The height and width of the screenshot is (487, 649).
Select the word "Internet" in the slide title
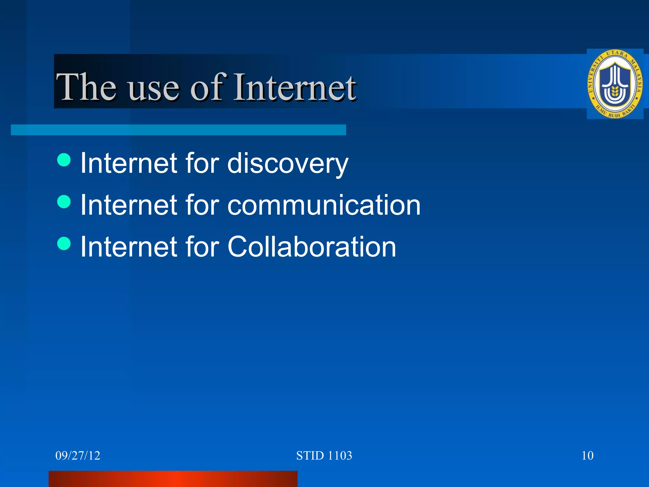pyautogui.click(x=295, y=87)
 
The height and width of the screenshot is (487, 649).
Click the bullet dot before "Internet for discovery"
pyautogui.click(x=64, y=160)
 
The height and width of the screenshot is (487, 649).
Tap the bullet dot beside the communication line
pyautogui.click(x=64, y=202)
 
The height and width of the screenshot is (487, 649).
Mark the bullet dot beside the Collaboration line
pyautogui.click(x=64, y=243)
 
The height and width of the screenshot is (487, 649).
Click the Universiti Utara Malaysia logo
pyautogui.click(x=615, y=84)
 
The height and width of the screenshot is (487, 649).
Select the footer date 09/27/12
pyautogui.click(x=78, y=456)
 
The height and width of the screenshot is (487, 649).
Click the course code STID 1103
pyautogui.click(x=324, y=456)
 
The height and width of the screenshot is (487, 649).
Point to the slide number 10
pyautogui.click(x=588, y=456)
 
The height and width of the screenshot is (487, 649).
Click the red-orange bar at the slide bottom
pyautogui.click(x=173, y=479)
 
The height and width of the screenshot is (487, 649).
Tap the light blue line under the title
pyautogui.click(x=178, y=130)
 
